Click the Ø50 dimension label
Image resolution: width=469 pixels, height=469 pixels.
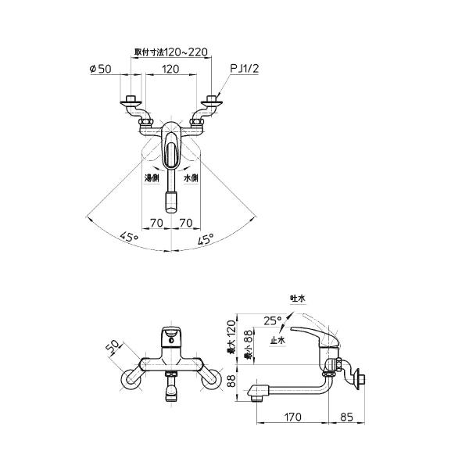click(102, 69)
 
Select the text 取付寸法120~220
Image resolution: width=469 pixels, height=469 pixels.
click(171, 52)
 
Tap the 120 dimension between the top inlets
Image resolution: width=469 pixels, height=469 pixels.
click(171, 69)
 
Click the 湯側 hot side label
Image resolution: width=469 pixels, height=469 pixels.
click(151, 178)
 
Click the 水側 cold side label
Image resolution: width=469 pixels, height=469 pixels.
click(192, 178)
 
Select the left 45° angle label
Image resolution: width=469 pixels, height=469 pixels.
click(129, 237)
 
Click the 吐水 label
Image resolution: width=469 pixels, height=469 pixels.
click(296, 298)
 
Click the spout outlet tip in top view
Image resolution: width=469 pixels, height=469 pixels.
click(171, 206)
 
